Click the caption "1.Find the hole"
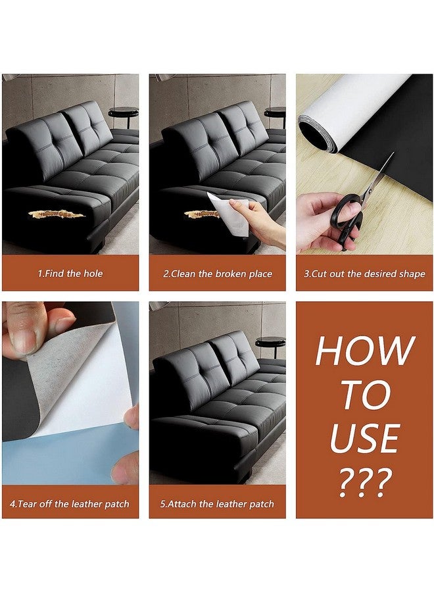70,274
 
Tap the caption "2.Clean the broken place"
218,274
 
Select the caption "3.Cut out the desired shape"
364,274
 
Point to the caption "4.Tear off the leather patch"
70,504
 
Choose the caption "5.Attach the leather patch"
217,504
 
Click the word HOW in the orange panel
364,350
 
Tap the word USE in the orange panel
364,438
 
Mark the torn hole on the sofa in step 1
57,215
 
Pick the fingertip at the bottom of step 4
124,468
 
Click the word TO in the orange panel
364,394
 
